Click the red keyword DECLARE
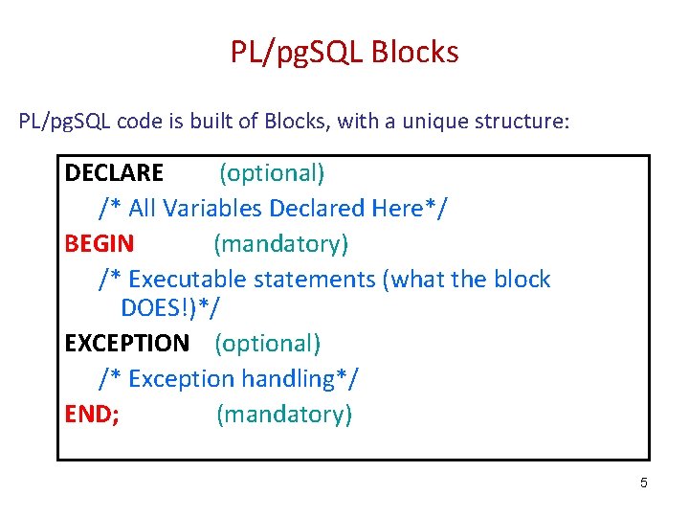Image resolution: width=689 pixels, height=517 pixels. click(114, 173)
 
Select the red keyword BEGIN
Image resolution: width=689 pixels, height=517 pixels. click(99, 244)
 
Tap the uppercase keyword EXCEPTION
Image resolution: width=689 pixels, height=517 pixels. click(126, 343)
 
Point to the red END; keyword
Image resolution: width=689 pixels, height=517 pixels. click(92, 414)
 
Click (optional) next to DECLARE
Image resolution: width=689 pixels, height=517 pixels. click(272, 173)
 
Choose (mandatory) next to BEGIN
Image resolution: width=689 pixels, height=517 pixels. click(280, 244)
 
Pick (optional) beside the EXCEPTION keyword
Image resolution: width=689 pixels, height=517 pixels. click(267, 343)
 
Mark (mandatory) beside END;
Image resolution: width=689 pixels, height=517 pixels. click(284, 414)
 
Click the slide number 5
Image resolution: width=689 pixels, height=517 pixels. click(643, 483)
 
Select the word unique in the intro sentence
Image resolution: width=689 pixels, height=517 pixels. click(431, 122)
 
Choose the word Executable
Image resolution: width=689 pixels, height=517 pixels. click(182, 280)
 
